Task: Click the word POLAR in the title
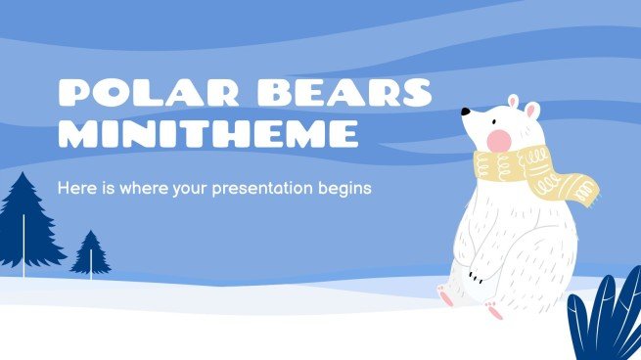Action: coord(136,93)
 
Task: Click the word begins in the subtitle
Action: coord(347,187)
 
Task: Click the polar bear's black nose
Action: coord(465,112)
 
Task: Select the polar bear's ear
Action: coord(532,111)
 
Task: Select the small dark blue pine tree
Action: coord(91,251)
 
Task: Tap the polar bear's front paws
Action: coord(478,274)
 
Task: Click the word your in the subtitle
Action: coord(203,187)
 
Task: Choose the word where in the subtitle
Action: coord(144,187)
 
